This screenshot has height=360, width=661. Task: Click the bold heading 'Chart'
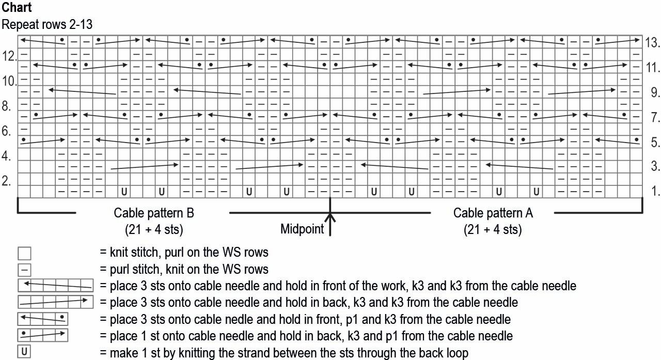(17, 8)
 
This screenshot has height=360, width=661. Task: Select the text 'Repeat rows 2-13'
(48, 24)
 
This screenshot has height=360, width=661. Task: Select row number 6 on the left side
(7, 131)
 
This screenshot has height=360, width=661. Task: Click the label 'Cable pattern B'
(154, 213)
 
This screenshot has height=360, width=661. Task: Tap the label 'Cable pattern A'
(493, 213)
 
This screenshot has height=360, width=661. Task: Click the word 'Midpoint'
(302, 228)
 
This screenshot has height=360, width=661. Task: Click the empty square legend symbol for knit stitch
(24, 253)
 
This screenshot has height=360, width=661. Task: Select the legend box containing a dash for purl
(24, 269)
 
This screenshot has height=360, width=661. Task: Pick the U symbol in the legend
(24, 352)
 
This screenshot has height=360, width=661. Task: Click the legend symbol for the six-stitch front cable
(55, 286)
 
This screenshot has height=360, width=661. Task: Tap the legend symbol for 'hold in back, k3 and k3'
(55, 302)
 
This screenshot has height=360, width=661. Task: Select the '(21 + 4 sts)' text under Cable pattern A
(493, 229)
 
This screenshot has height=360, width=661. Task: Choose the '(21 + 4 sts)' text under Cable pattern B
(154, 229)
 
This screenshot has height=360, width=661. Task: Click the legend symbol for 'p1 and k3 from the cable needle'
(43, 319)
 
